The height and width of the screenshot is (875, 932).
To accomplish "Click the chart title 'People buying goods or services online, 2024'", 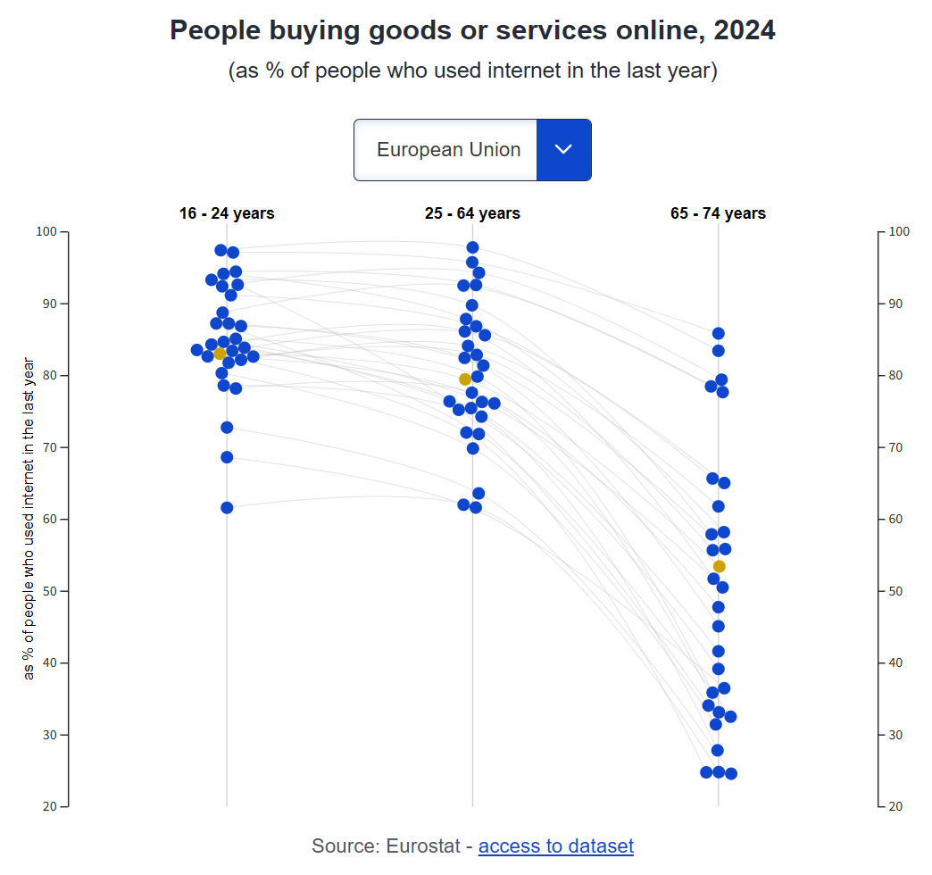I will click(x=472, y=30).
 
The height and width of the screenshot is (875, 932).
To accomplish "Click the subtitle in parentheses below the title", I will click(x=472, y=71).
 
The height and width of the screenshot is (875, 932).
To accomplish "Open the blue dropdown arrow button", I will click(x=563, y=150).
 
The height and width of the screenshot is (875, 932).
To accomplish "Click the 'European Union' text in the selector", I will click(x=448, y=150).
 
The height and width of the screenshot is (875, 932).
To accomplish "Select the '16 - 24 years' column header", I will click(x=227, y=213).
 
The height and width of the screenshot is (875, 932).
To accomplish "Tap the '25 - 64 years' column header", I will click(x=472, y=213).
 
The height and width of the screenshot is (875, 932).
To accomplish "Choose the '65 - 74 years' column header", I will click(x=718, y=213).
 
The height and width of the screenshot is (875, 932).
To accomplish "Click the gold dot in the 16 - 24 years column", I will click(x=220, y=354).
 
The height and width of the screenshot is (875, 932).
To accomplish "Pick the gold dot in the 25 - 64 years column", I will click(x=465, y=379).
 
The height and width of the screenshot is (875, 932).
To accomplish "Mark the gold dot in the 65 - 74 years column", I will click(x=719, y=566).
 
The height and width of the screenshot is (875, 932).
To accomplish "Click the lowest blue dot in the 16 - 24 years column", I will click(x=227, y=507).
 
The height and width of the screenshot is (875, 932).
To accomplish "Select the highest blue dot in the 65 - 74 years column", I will click(x=719, y=333).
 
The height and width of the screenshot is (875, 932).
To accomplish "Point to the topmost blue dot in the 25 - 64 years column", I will click(x=472, y=247).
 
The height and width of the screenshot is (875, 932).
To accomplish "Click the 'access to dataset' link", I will click(x=555, y=846).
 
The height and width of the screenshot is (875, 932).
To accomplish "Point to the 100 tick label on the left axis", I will click(x=46, y=232).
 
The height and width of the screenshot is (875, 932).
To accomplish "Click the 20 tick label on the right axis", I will click(x=900, y=807).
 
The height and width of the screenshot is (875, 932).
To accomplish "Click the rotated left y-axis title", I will click(x=29, y=519).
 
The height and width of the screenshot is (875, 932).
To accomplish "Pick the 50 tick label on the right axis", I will click(x=900, y=592).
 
